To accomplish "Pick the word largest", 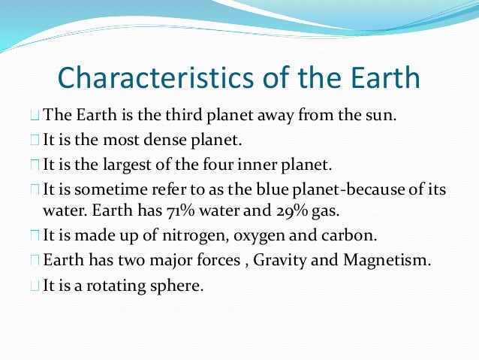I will pos(123,163).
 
